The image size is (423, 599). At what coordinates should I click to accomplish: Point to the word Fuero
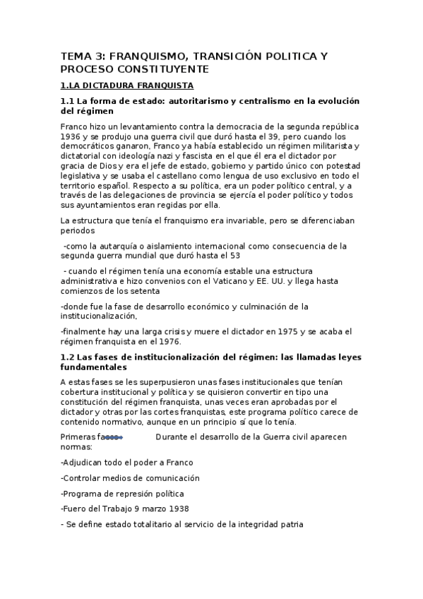click(x=76, y=509)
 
